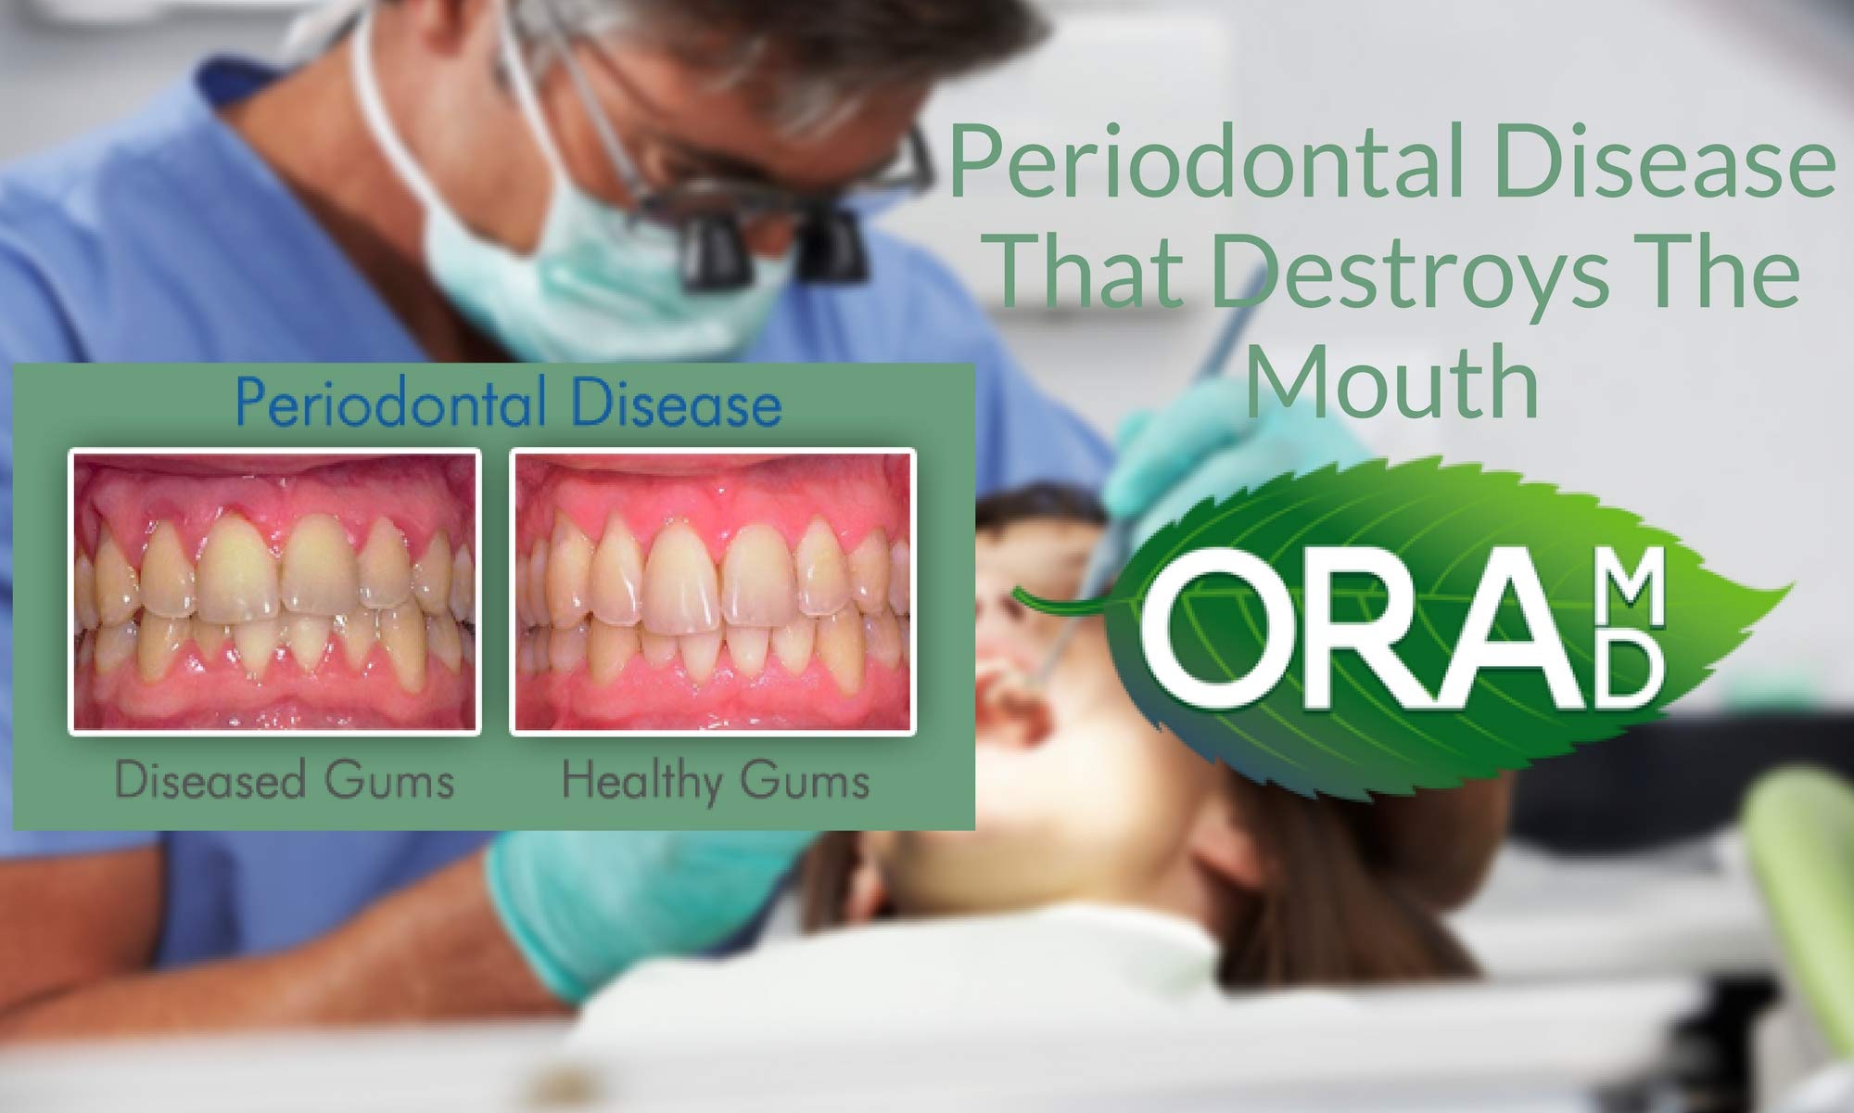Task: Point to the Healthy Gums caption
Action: coord(716,781)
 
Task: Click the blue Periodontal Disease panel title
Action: coord(508,403)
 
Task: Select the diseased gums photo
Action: coord(274,592)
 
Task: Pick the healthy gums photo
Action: coord(713,592)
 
